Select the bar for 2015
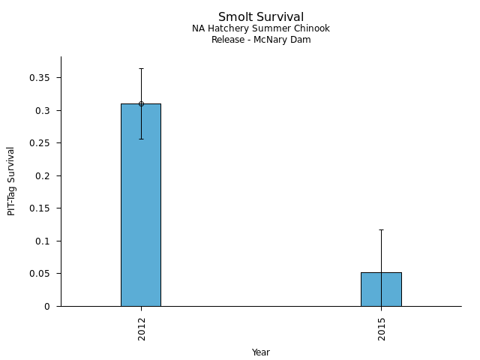381,289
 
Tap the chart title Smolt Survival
261,17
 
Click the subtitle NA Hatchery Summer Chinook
261,29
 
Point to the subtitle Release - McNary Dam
261,40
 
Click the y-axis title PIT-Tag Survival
11,181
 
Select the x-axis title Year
261,352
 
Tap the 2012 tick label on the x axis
142,328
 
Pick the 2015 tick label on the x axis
382,328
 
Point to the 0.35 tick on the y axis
44,78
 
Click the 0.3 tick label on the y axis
46,111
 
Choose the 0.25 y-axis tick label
44,143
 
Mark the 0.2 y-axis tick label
46,176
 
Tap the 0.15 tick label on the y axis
44,208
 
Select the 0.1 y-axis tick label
46,241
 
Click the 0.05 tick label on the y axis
44,274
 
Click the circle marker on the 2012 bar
141,103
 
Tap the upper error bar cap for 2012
141,69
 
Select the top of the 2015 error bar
381,229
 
